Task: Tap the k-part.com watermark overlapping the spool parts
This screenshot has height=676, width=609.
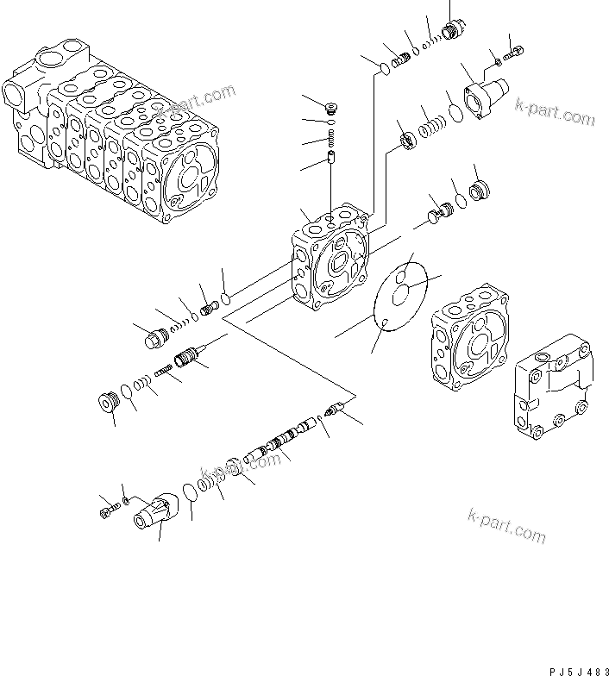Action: pyautogui.click(x=241, y=466)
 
